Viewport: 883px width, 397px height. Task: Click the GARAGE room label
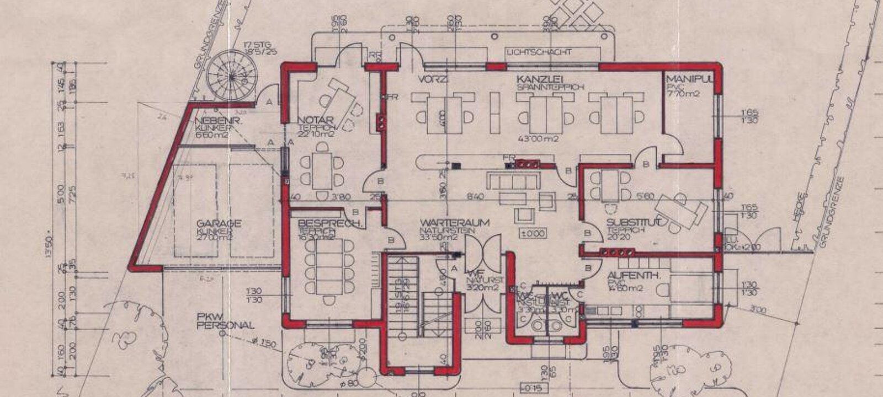219,223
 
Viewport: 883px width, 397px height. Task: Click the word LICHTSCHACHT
539,52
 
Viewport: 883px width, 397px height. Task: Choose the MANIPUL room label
689,79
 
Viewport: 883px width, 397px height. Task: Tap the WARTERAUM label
446,223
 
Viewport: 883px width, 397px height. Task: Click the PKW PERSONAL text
225,321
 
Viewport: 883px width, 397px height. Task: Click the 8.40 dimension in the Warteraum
475,196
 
